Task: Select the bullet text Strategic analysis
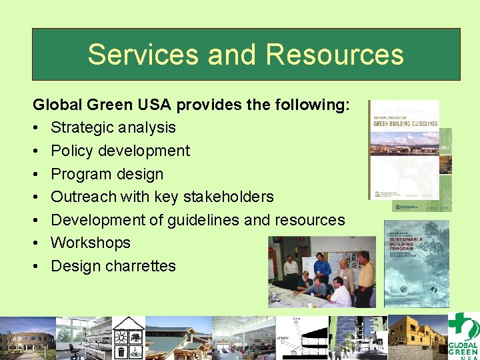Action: click(x=113, y=127)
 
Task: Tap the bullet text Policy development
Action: click(x=120, y=151)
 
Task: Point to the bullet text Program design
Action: click(x=107, y=174)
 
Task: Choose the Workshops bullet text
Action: click(x=91, y=243)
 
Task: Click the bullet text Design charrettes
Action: click(x=113, y=266)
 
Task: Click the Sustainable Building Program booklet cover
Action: click(x=417, y=263)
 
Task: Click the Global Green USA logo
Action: click(x=463, y=336)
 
